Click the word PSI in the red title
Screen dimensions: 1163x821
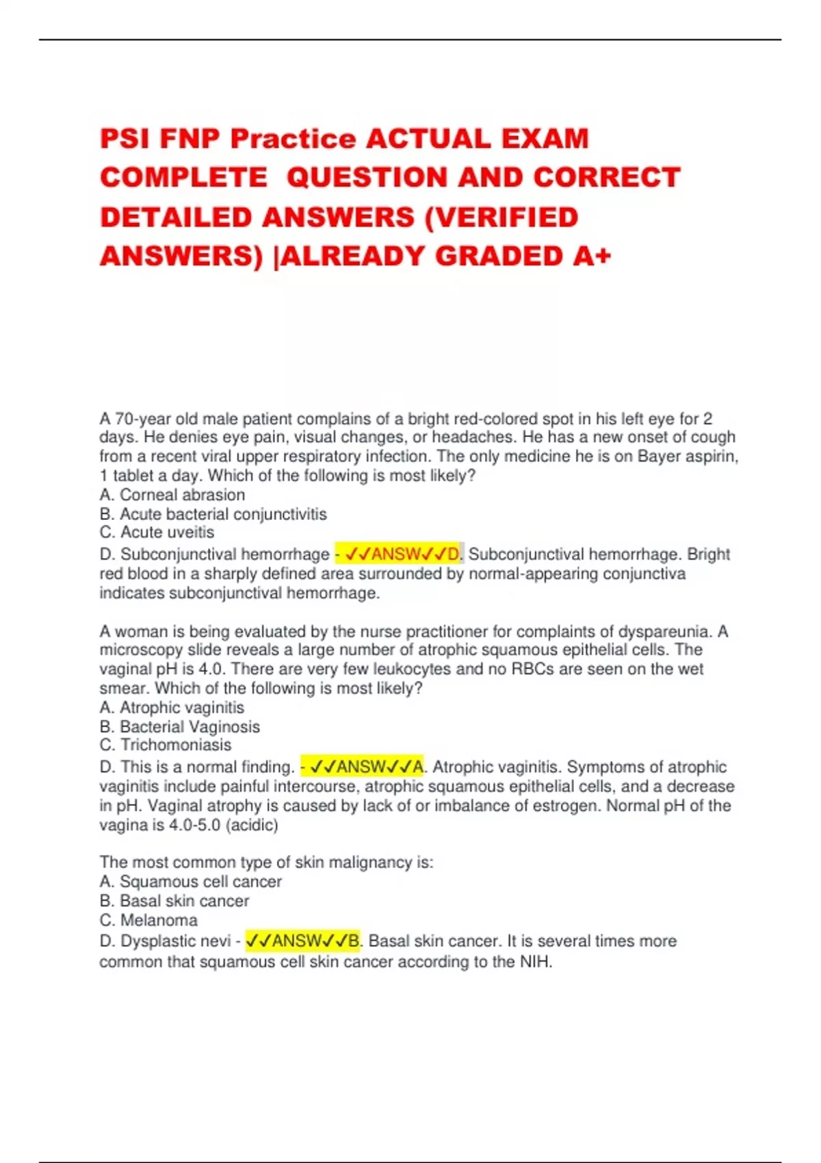[125, 139]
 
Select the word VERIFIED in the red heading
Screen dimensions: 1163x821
[510, 218]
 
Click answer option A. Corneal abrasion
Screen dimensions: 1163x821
[172, 495]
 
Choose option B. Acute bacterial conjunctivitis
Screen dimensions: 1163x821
[213, 514]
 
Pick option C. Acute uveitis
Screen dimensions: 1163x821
[157, 532]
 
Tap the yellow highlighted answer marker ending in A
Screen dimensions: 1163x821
[363, 767]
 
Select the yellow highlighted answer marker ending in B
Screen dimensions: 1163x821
[302, 941]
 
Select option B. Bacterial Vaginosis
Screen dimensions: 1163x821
[179, 727]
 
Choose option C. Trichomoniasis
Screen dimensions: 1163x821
[165, 745]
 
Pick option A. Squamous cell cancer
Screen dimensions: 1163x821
[190, 882]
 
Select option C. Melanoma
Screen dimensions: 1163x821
[148, 920]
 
